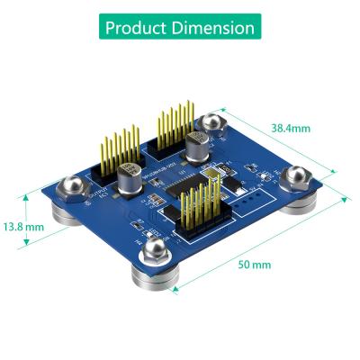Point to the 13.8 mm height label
pyautogui.click(x=23, y=227)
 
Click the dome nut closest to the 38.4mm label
pyautogui.click(x=214, y=121)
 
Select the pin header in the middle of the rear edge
pyautogui.click(x=175, y=126)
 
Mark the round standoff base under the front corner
pyautogui.click(x=151, y=277)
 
